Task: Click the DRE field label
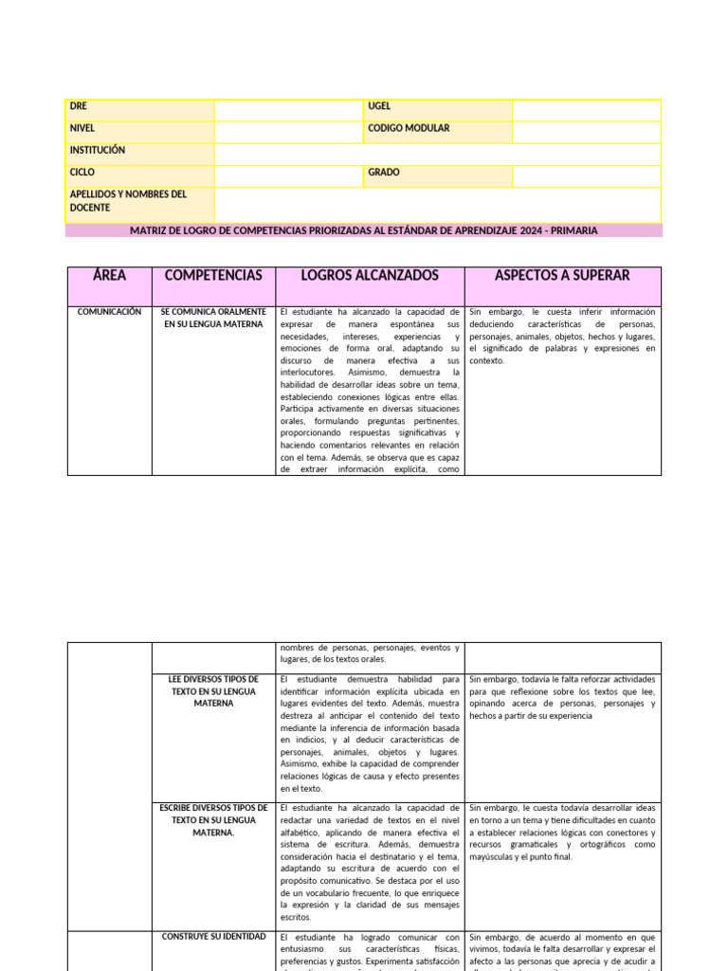79,107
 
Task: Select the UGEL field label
379,107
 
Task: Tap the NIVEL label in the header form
82,129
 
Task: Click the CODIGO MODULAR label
409,129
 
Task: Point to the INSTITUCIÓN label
98,151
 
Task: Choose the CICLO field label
82,174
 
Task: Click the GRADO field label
384,174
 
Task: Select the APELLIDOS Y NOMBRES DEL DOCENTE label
128,201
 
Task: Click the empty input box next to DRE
288,110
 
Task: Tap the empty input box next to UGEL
586,110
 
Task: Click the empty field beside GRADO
586,176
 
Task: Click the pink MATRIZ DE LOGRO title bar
364,230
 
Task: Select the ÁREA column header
109,276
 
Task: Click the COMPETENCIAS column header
213,276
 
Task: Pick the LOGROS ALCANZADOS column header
370,276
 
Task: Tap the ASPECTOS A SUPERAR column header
562,276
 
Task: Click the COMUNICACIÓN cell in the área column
109,312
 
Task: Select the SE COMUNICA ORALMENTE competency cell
213,318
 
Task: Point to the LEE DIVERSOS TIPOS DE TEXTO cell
213,692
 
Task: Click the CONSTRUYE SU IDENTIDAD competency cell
213,937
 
